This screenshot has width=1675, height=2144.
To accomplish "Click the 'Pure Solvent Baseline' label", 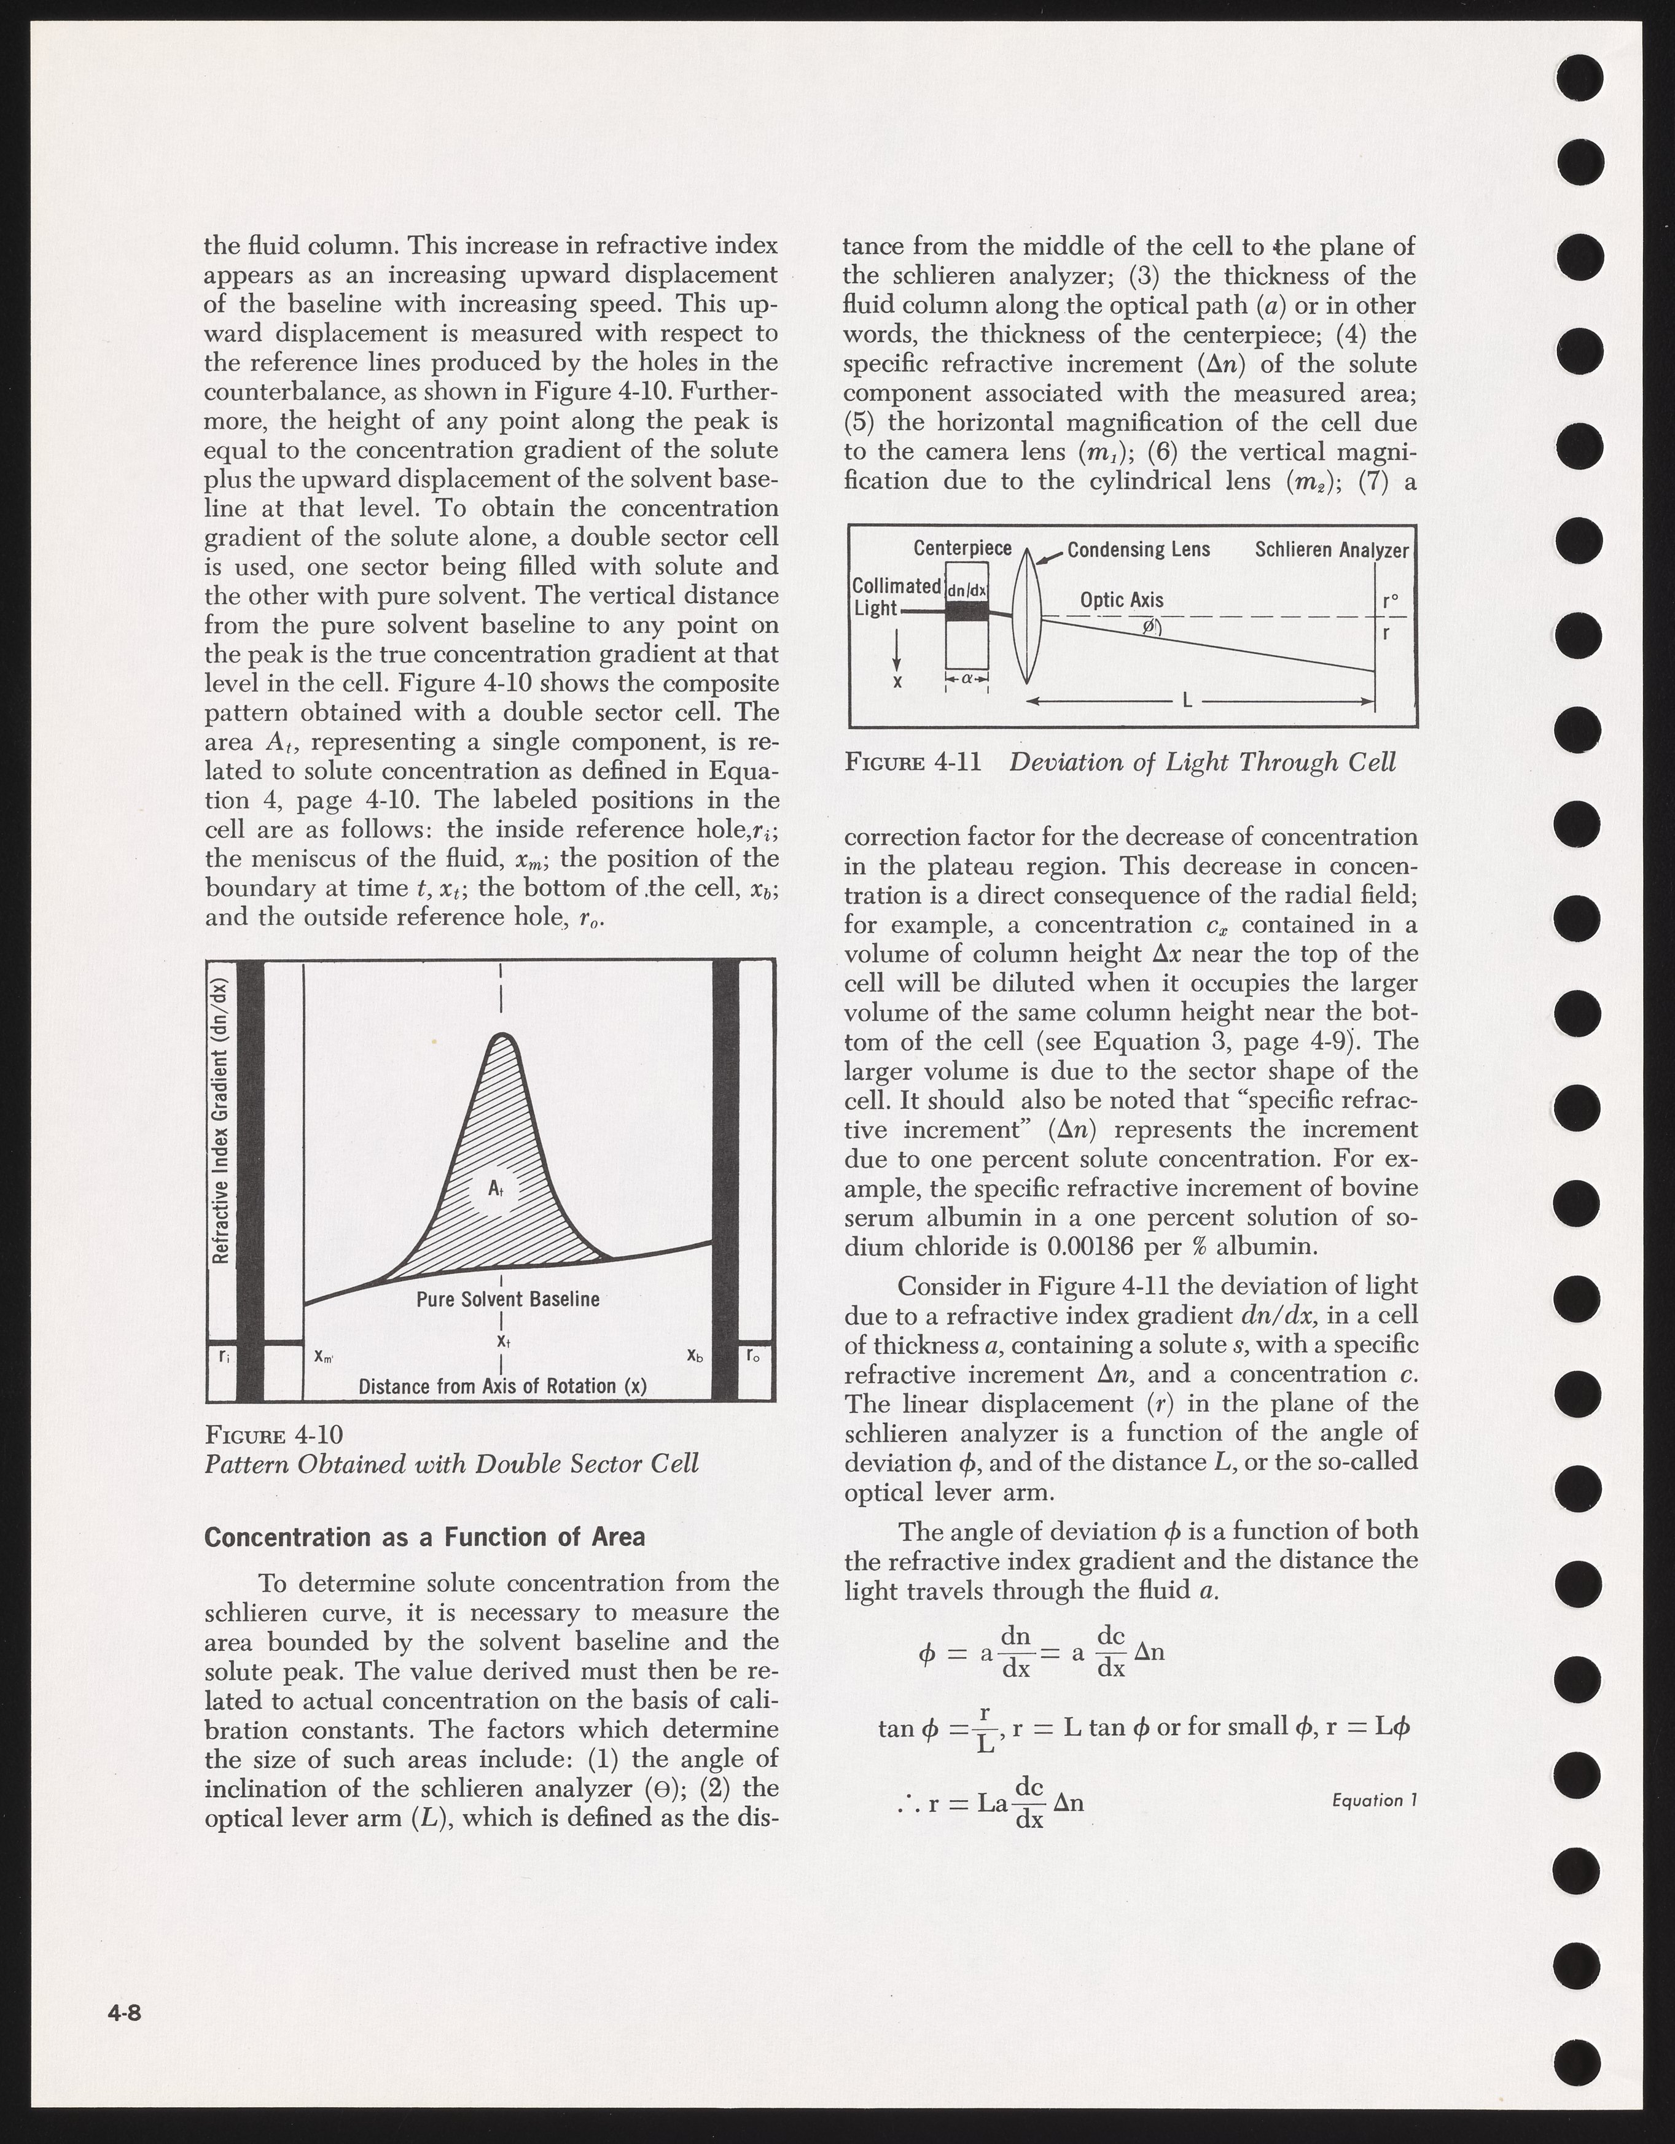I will point(507,1299).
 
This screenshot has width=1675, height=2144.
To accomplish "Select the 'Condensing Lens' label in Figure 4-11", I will point(1139,550).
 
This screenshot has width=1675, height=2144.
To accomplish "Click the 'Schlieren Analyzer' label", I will point(1332,550).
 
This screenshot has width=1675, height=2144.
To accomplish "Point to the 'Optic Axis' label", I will point(1121,600).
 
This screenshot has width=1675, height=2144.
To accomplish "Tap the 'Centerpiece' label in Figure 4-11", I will point(962,548).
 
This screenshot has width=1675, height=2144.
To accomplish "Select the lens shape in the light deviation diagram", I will point(1027,616).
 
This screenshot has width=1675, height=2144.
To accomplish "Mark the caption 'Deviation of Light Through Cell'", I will point(1202,763).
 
